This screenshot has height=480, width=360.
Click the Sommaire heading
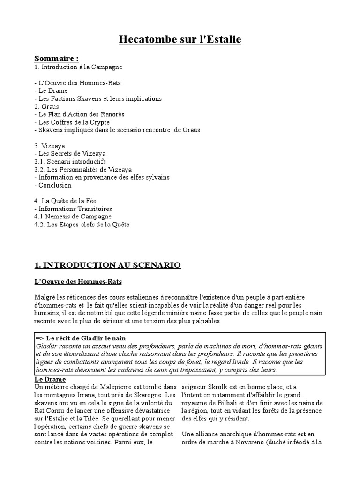click(x=56, y=59)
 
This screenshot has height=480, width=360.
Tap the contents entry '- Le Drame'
click(x=51, y=90)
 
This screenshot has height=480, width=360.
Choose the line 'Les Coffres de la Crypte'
click(x=75, y=122)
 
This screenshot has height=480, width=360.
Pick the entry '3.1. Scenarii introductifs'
click(x=70, y=162)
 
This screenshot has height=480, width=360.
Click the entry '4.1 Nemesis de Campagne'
click(x=73, y=217)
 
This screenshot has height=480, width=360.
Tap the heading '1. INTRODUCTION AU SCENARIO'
click(x=107, y=265)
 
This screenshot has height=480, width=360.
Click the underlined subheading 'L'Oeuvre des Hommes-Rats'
click(x=78, y=281)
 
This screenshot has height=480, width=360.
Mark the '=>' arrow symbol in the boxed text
click(x=40, y=338)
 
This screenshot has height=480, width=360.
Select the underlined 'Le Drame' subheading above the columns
click(x=50, y=379)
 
